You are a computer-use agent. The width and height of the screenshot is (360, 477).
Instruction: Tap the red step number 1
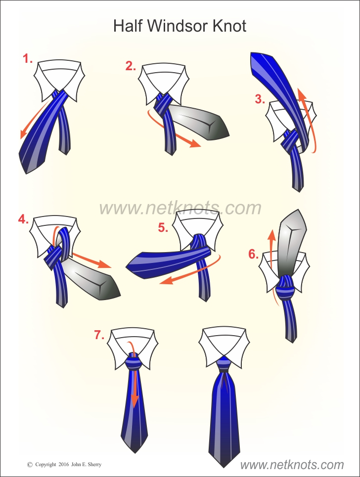28,58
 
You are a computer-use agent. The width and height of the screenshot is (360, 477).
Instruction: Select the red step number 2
131,66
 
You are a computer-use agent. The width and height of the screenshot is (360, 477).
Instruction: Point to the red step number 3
260,99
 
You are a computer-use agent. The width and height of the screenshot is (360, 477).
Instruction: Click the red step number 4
23,219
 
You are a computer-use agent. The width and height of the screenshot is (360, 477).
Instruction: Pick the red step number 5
163,227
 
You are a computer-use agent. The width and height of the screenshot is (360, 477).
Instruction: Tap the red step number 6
254,254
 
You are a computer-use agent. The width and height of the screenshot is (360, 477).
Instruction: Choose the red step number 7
99,335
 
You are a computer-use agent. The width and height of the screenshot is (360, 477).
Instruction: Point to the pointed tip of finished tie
224,467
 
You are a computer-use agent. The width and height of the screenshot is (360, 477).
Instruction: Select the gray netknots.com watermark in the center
180,208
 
